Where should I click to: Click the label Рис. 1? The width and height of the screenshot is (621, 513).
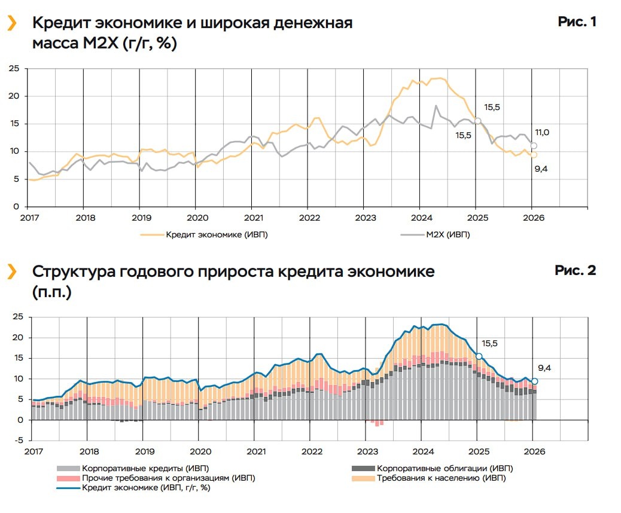[x=577, y=22]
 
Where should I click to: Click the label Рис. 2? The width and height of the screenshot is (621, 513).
[x=576, y=270]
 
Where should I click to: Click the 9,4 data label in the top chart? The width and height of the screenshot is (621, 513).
[x=541, y=169]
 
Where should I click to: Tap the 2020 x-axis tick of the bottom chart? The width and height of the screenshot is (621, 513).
[x=200, y=451]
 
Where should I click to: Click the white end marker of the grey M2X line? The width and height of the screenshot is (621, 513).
[x=534, y=146]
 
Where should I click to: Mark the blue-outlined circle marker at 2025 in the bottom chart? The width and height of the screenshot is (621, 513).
[x=479, y=356]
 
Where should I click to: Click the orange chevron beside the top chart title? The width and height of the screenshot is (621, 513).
[x=11, y=23]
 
